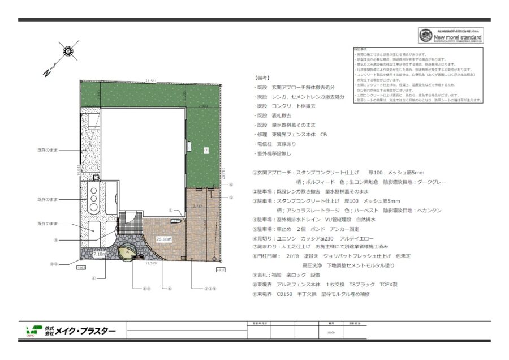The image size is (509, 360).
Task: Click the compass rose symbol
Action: [69, 51]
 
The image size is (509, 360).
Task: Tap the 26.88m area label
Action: [163, 238]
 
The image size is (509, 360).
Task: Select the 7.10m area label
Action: [99, 255]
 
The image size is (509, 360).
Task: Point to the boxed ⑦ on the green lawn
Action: [206, 150]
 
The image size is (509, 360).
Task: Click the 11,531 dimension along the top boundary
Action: [150, 81]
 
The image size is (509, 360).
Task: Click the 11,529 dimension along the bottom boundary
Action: [151, 263]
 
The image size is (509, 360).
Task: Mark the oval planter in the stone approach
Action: [127, 250]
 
